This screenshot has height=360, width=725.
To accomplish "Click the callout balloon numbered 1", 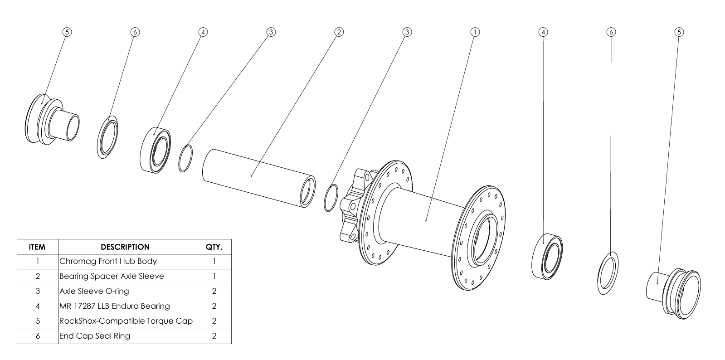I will pos(475,32).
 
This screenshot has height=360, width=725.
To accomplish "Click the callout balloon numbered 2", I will pos(339,32).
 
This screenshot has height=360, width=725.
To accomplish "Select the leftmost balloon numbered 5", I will pos(67,32).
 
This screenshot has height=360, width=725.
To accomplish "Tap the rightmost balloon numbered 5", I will pos(679,32).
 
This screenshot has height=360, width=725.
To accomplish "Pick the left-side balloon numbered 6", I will pos(135,32).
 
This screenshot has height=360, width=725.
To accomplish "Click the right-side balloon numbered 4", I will pos(543,32).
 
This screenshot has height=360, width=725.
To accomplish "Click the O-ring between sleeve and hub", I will pos(331,198).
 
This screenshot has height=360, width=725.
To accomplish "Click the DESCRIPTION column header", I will pos(125,247).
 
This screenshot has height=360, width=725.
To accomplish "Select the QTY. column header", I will pos(214,247).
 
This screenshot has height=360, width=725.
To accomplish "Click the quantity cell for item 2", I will pos(214,276).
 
